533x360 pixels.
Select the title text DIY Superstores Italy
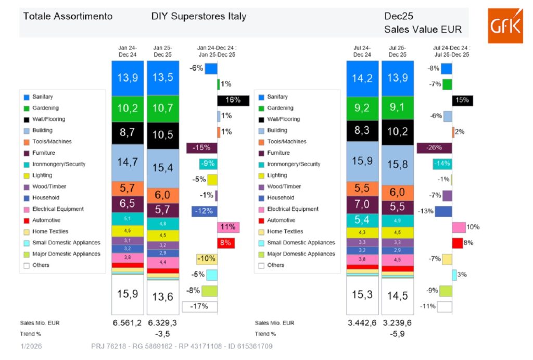click(x=199, y=16)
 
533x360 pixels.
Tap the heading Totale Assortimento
click(x=68, y=16)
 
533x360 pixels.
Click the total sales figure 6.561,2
click(x=127, y=323)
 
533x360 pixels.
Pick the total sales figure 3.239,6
click(x=397, y=323)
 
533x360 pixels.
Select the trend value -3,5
click(x=162, y=333)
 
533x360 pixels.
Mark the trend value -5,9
click(x=397, y=333)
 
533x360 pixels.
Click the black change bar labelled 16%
click(x=233, y=100)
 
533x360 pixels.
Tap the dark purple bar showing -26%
click(x=434, y=148)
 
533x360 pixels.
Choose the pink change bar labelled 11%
click(x=229, y=227)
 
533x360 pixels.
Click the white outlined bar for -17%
click(x=199, y=306)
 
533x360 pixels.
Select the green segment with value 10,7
click(x=163, y=109)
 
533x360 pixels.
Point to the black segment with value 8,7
click(x=127, y=133)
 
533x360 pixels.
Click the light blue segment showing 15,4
click(x=163, y=168)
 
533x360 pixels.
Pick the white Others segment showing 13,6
click(x=163, y=297)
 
